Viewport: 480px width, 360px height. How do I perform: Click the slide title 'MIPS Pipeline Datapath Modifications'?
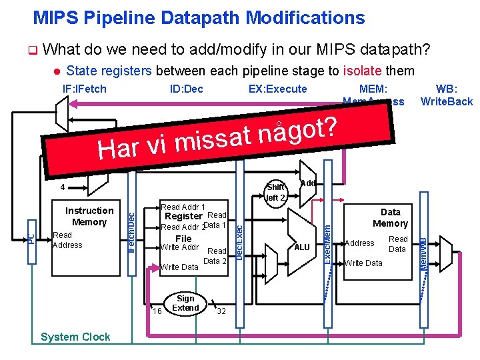tap(199, 17)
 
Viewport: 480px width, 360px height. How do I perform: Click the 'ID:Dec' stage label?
tap(187, 89)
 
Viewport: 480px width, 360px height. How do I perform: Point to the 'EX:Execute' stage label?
tap(278, 89)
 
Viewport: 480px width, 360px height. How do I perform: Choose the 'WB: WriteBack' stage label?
tap(446, 95)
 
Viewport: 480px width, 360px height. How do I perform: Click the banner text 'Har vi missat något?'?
tap(220, 136)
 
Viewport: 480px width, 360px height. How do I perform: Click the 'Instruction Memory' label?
tap(89, 217)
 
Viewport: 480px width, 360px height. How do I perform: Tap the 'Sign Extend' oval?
tap(185, 303)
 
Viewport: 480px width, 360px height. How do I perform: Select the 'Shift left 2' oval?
tap(276, 192)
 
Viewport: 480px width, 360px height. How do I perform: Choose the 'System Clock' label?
tap(75, 337)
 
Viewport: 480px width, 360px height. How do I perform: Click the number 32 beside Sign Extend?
tap(221, 311)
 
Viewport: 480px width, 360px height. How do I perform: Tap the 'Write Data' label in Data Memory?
tap(363, 263)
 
